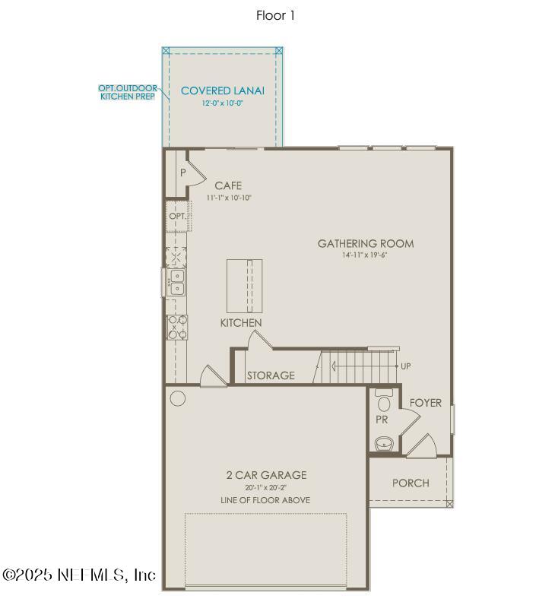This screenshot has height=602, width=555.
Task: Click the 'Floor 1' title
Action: [275, 15]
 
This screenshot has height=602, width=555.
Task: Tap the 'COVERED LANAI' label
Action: [223, 91]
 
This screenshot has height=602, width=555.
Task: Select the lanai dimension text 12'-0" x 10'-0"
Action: [223, 103]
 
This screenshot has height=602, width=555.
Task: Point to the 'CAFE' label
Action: [228, 185]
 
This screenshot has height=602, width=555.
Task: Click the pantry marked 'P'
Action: [182, 173]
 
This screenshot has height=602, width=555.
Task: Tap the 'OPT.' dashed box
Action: [177, 217]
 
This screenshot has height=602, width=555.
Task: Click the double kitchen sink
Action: [176, 281]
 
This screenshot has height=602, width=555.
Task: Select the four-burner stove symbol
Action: [177, 327]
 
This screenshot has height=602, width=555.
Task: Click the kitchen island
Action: [244, 285]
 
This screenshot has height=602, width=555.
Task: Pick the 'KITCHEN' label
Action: [241, 323]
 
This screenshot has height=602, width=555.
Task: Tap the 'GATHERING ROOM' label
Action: [366, 244]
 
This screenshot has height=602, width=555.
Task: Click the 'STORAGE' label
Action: [271, 375]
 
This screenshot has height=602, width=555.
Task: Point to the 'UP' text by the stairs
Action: [406, 366]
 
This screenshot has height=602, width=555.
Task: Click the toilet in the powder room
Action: [383, 402]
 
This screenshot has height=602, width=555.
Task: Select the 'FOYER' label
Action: [426, 403]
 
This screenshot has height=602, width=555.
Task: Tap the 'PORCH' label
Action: [411, 483]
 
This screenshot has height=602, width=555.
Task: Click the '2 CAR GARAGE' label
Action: [266, 475]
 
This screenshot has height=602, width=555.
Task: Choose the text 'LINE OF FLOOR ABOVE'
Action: [266, 500]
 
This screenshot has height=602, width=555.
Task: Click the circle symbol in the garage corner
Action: [178, 398]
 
